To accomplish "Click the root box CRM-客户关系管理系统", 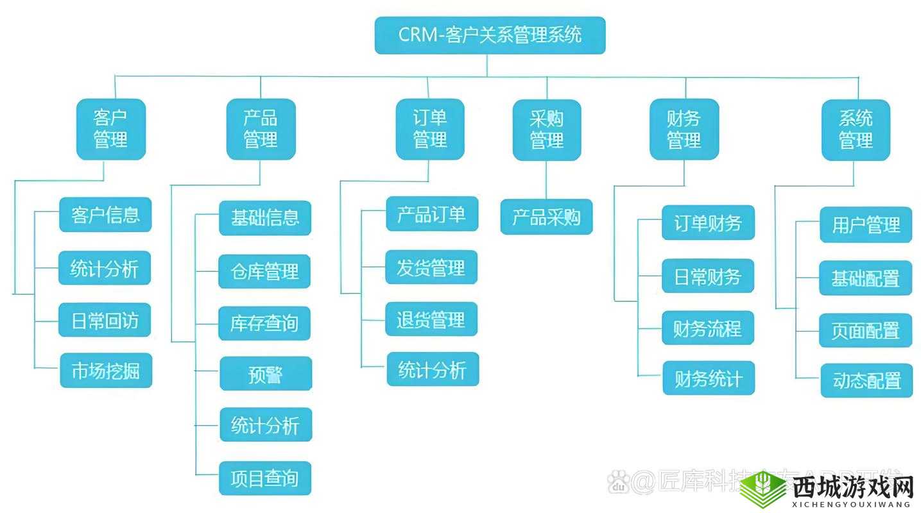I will tap(490, 35).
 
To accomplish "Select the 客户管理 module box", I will tap(111, 129).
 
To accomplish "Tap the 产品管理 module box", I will tap(261, 129).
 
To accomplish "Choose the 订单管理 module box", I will tap(429, 129).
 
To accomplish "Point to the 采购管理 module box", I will tap(547, 130).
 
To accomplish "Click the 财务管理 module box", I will tap(684, 130).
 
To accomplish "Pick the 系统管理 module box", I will tap(856, 130).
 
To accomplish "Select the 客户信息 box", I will tap(105, 214).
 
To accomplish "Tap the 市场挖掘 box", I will tap(106, 370).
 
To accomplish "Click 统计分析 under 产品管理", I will tap(266, 425).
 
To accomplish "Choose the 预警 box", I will tap(266, 373).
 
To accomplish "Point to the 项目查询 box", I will tap(265, 478).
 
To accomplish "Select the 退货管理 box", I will tap(431, 319).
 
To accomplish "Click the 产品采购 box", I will tap(546, 217).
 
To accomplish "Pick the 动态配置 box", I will tap(866, 380).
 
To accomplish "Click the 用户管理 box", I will tap(866, 224).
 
